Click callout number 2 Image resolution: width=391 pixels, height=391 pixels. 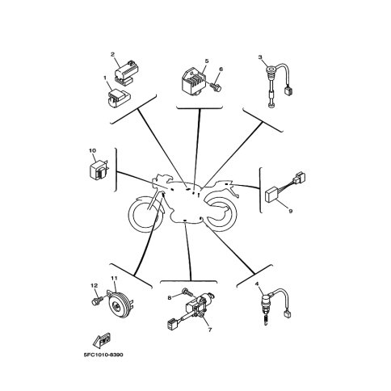(112, 54)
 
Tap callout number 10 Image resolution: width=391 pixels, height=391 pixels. (92, 151)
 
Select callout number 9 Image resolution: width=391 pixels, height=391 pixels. (291, 211)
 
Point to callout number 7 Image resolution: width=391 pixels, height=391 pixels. (210, 330)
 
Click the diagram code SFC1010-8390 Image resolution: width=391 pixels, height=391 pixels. (103, 355)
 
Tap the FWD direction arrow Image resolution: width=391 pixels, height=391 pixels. (102, 341)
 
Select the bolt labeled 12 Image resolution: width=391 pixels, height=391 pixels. (97, 301)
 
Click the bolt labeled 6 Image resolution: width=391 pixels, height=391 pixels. (216, 86)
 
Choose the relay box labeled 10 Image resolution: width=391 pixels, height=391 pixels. (99, 170)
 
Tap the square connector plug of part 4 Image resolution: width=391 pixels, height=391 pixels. (286, 314)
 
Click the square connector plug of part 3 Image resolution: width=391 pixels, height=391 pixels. (288, 90)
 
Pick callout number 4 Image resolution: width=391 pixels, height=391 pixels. (257, 284)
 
